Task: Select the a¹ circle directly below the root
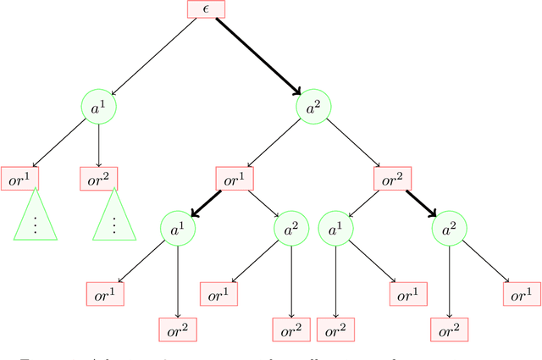click(99, 108)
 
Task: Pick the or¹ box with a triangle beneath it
click(19, 178)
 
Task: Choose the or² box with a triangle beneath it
click(99, 178)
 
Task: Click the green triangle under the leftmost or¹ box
click(35, 219)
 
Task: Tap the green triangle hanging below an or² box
click(114, 219)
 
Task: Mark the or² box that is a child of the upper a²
click(392, 179)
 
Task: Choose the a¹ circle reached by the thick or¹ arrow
click(177, 229)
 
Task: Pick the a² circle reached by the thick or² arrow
click(448, 229)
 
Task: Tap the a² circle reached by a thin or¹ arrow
click(290, 229)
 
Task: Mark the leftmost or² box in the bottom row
click(178, 329)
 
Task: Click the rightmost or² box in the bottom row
click(448, 329)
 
